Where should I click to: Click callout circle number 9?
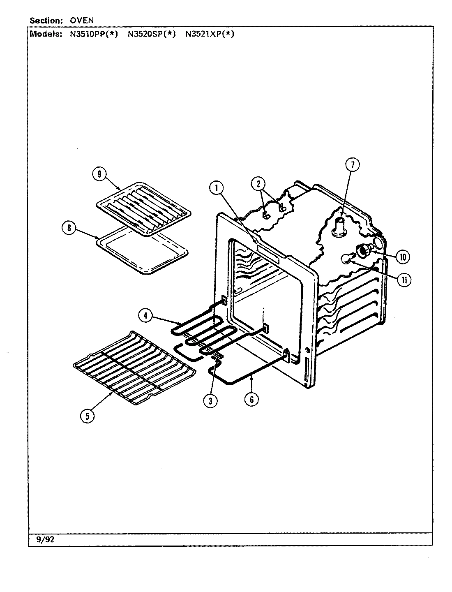[x=99, y=174]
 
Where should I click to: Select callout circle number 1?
[x=216, y=188]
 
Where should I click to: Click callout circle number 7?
[x=352, y=165]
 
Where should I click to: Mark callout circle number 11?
[x=404, y=280]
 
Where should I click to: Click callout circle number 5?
[x=87, y=416]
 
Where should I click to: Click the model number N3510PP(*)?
[x=93, y=35]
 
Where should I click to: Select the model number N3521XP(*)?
[x=210, y=35]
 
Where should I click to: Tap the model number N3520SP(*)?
[x=151, y=35]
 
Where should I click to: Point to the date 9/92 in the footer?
[x=45, y=540]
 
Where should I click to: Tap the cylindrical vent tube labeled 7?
[x=340, y=227]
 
